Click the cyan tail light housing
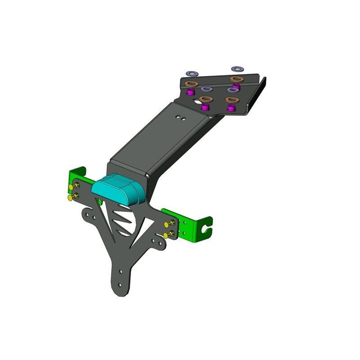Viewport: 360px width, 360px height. [118, 189]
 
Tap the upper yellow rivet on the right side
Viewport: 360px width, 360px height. [167, 224]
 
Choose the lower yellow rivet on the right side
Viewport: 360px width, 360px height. [167, 235]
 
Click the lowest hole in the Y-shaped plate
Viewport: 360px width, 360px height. [119, 284]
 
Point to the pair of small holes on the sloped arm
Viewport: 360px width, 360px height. [181, 118]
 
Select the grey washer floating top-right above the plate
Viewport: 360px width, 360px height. [237, 69]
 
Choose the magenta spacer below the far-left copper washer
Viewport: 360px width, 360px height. [190, 92]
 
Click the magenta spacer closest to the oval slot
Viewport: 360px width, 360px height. [206, 107]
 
